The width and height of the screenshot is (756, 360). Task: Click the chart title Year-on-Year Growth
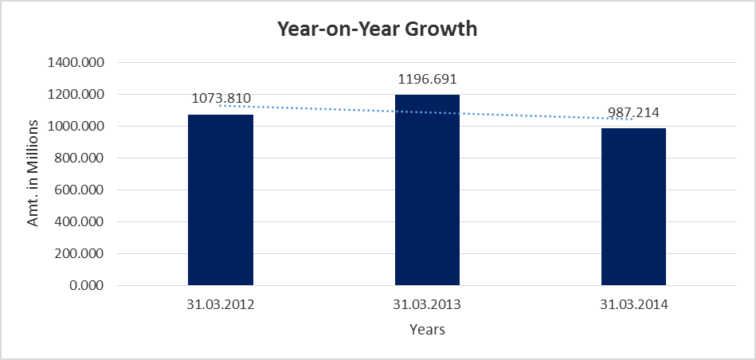pos(377,29)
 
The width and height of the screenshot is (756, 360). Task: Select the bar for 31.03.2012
pos(221,200)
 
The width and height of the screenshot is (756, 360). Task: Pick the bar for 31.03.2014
pos(633,206)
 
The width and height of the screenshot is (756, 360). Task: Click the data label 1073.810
pos(221,99)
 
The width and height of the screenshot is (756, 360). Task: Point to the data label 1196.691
pos(427,80)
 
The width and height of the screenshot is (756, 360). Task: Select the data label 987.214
pos(633,113)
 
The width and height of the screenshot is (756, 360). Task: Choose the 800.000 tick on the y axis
pos(86,158)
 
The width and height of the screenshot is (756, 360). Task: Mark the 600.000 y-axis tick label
pos(86,190)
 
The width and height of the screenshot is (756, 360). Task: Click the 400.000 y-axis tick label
pos(86,222)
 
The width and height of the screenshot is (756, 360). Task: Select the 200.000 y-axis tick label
pos(86,254)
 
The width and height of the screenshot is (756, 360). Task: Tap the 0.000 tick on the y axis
pos(92,286)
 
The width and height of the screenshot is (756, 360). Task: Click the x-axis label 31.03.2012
pos(221,303)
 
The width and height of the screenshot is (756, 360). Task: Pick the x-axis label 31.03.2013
pos(427,303)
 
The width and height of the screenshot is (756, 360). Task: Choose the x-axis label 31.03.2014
pos(633,303)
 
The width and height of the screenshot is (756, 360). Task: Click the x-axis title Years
pos(427,329)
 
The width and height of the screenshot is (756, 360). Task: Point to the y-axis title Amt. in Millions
pos(33,174)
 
